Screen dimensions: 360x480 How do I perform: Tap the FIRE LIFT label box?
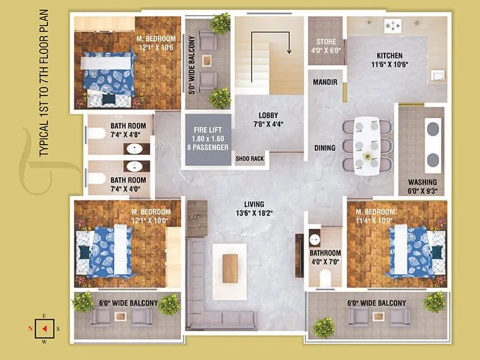(208, 139)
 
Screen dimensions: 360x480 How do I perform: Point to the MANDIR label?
(326, 82)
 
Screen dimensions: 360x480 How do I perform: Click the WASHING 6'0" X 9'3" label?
(422, 186)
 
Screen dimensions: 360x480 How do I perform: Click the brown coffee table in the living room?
(230, 268)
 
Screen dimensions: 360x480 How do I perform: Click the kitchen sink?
(436, 75)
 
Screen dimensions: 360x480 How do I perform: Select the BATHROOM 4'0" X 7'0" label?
(325, 257)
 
